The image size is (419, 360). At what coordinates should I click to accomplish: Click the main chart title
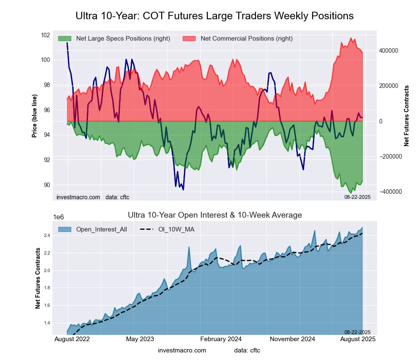[215, 16]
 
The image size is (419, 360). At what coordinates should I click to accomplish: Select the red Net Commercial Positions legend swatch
[190, 39]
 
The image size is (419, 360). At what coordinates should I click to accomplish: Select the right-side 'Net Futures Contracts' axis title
[406, 116]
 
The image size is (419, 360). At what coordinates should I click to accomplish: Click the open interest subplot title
[215, 215]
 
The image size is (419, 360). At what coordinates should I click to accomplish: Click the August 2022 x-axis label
[72, 339]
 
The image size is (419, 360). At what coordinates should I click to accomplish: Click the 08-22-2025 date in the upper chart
[357, 196]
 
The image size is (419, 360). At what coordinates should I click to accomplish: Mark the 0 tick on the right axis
[381, 121]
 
